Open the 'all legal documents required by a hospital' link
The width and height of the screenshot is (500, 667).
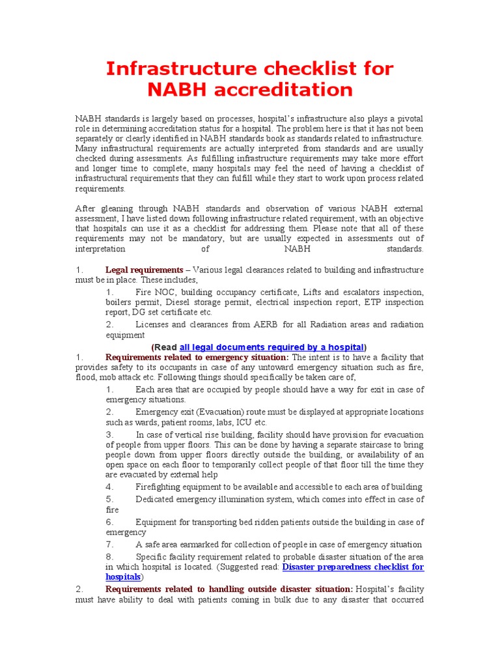click(271, 347)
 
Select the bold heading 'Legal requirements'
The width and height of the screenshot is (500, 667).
click(144, 270)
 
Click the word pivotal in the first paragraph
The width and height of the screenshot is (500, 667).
click(409, 119)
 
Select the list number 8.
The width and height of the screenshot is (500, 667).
click(109, 556)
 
